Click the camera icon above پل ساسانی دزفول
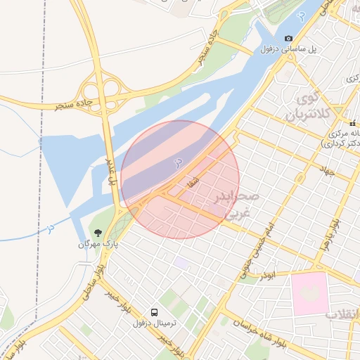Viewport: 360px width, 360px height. (288, 38)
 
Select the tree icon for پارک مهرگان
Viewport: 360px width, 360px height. (97, 233)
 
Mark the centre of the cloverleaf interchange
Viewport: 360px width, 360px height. (100, 89)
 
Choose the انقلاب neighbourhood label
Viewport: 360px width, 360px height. (342, 314)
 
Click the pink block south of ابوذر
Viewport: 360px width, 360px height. (309, 292)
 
